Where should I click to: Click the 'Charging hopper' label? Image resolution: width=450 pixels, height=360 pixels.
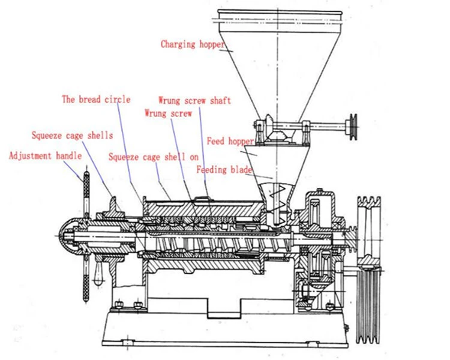click(193, 44)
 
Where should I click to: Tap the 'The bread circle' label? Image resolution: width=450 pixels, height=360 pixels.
click(96, 99)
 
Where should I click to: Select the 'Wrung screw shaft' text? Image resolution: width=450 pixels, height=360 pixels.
click(194, 100)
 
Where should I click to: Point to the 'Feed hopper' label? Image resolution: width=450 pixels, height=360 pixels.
click(230, 142)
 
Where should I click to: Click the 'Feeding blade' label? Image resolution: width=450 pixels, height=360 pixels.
click(224, 170)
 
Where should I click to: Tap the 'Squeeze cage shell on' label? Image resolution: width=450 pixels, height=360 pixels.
click(154, 157)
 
